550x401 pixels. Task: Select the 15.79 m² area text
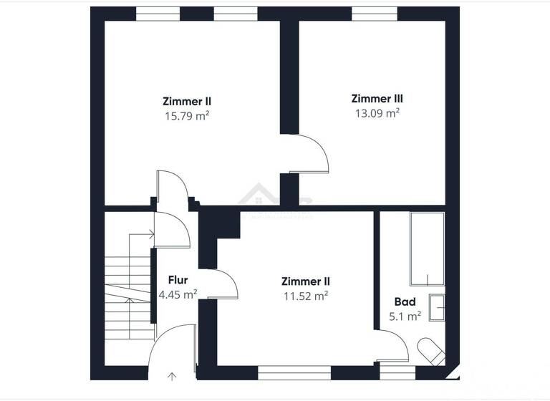coord(187,115)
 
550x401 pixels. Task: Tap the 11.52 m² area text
coord(306,295)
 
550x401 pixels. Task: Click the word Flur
coord(178,280)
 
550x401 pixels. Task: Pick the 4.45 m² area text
coord(178,294)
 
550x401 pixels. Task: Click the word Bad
coord(405,302)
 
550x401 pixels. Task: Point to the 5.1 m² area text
coord(405,316)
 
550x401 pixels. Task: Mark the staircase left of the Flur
coord(129,286)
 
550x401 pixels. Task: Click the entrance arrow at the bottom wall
coord(172,375)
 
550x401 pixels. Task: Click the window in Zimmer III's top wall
coord(372,14)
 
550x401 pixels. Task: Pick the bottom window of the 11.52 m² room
coord(294,372)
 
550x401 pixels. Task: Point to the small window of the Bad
coord(397,372)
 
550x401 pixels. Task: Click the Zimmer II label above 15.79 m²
coord(187,102)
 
